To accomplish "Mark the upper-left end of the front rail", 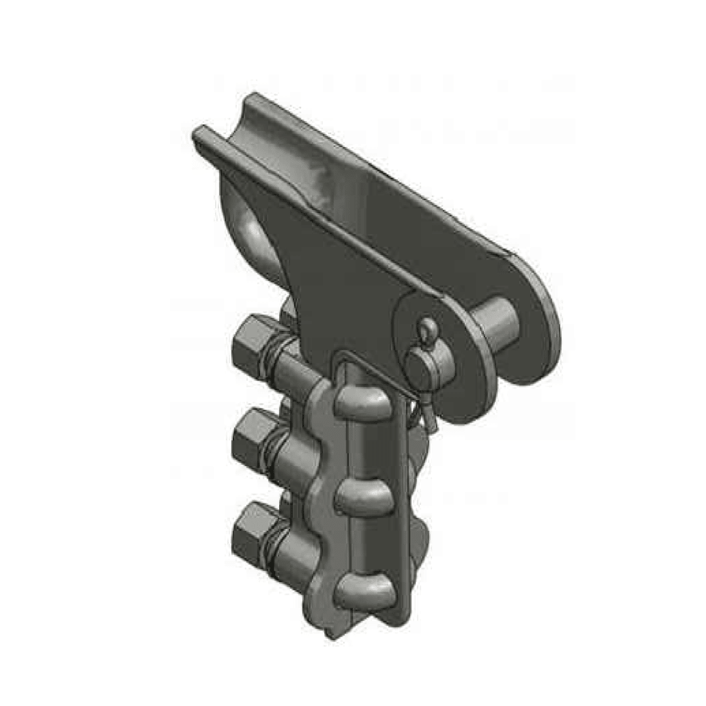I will pos(199,135).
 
